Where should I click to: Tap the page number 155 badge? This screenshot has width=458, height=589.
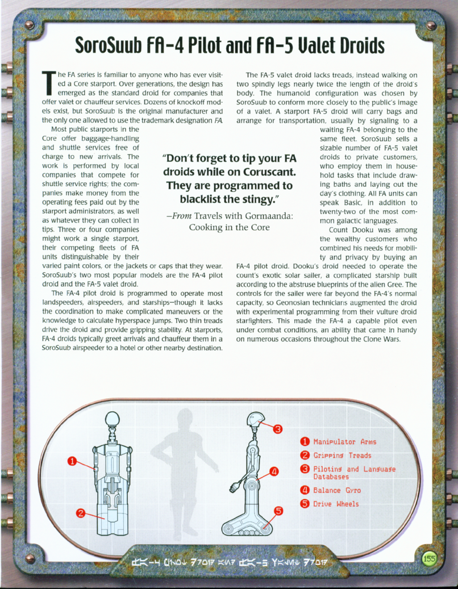tap(429, 558)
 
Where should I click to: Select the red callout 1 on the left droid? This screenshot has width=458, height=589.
tap(73, 461)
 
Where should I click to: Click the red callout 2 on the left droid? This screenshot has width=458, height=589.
tap(81, 513)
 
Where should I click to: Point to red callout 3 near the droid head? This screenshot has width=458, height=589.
tap(278, 428)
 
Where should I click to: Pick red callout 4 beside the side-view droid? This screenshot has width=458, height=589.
tap(274, 471)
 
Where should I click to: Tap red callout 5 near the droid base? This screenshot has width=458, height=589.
tap(279, 510)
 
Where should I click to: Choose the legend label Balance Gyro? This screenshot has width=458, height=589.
tap(337, 490)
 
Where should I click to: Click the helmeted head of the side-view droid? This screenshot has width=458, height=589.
tap(254, 421)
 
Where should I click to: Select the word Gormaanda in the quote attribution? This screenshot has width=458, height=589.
tap(267, 216)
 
